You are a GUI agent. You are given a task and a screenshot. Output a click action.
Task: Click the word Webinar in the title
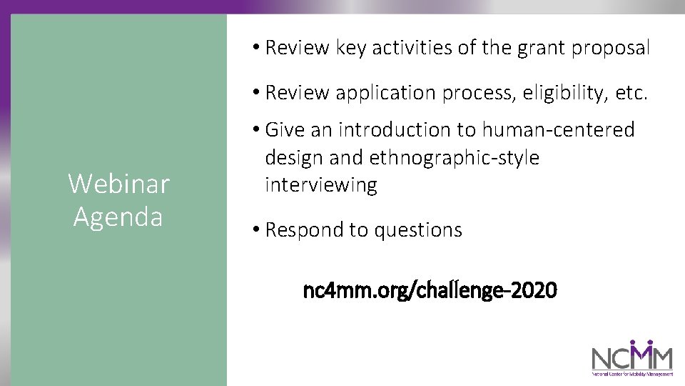pyautogui.click(x=118, y=184)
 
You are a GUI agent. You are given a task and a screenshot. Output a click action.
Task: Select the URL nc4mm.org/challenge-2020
pyautogui.click(x=430, y=292)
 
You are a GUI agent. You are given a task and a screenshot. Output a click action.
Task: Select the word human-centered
pyautogui.click(x=558, y=129)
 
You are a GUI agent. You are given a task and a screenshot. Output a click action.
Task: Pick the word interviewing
pyautogui.click(x=320, y=185)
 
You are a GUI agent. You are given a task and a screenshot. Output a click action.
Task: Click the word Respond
pyautogui.click(x=303, y=230)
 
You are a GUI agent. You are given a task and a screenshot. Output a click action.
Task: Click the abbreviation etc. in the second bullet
pyautogui.click(x=631, y=93)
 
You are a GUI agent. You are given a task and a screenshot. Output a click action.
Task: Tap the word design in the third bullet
pyautogui.click(x=295, y=157)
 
